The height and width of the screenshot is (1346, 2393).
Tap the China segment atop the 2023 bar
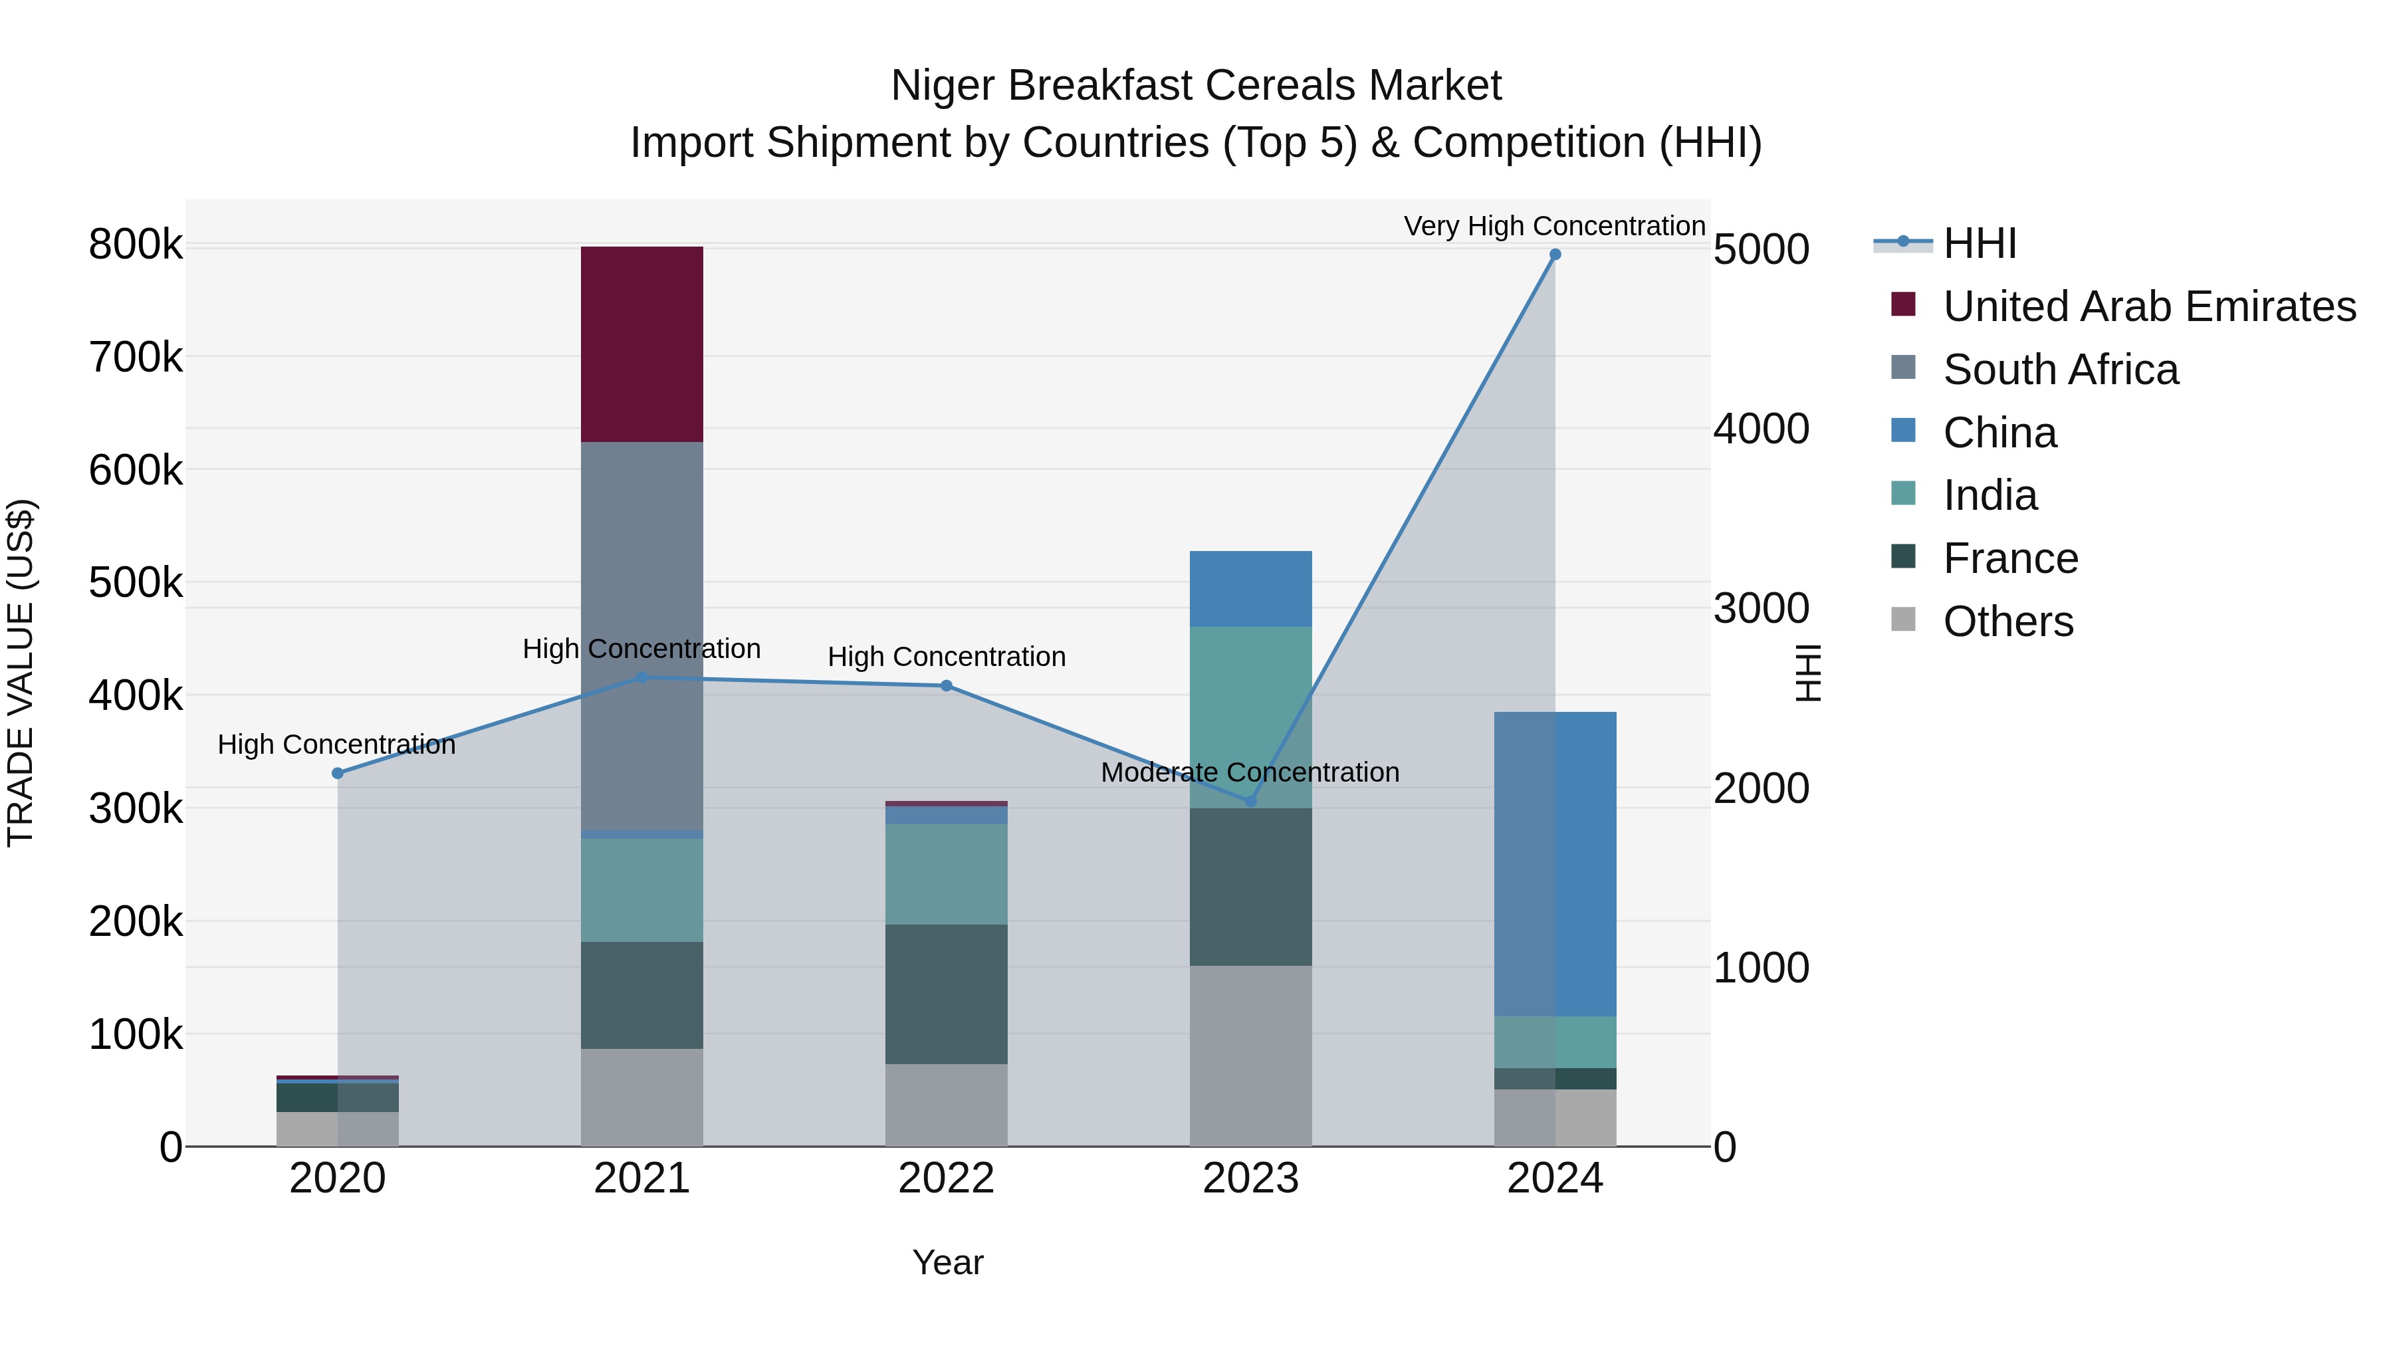[1250, 588]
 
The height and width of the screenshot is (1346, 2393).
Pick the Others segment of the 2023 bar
[1250, 1056]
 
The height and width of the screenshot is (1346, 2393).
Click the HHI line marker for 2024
[1555, 255]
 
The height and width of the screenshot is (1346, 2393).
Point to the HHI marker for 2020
[337, 773]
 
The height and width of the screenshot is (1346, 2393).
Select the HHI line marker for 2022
[946, 685]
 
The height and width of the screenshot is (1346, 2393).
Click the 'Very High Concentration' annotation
[1553, 226]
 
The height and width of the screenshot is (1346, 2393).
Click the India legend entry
[1989, 495]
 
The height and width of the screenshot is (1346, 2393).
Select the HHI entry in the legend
[1979, 243]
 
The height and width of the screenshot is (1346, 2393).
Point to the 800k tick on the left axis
[136, 245]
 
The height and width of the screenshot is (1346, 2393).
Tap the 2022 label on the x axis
[946, 1178]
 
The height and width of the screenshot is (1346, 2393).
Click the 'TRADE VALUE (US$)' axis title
[21, 673]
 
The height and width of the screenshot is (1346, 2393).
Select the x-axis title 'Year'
[947, 1262]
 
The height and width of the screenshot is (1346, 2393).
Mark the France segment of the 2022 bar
[946, 993]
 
